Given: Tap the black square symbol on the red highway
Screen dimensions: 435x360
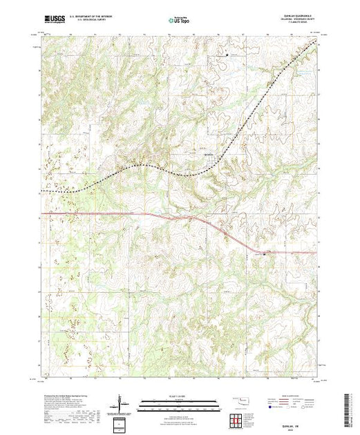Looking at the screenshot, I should click(x=263, y=253).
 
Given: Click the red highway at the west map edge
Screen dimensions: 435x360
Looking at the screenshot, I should click(x=44, y=214).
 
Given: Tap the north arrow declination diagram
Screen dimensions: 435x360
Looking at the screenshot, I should click(x=121, y=403).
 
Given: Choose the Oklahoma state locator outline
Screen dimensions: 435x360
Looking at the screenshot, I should click(x=243, y=400).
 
